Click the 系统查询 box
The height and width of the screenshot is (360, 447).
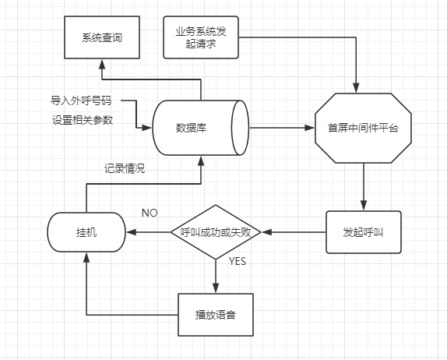pyautogui.click(x=102, y=37)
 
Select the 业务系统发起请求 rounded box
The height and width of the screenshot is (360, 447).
pyautogui.click(x=201, y=37)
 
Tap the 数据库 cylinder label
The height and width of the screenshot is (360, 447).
pyautogui.click(x=191, y=128)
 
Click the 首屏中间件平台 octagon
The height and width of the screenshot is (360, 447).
pyautogui.click(x=363, y=128)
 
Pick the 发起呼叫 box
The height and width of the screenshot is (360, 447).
pyautogui.click(x=364, y=232)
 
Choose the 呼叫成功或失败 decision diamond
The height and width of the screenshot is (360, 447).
pyautogui.click(x=216, y=232)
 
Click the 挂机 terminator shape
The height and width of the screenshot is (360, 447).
pyautogui.click(x=86, y=232)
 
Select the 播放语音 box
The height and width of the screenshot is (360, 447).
pyautogui.click(x=216, y=315)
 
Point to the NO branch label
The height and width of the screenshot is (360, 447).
pyautogui.click(x=150, y=213)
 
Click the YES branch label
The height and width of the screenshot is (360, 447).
pyautogui.click(x=238, y=261)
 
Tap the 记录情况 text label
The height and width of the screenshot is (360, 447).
pyautogui.click(x=125, y=168)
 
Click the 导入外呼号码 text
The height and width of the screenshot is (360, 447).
pyautogui.click(x=81, y=101)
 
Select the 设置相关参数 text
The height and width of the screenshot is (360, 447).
pyautogui.click(x=83, y=120)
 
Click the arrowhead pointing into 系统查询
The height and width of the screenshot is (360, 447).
pyautogui.click(x=102, y=64)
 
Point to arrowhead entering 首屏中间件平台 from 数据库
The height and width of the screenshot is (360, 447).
pyautogui.click(x=310, y=128)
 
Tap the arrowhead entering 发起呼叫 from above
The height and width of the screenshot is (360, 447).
pyautogui.click(x=364, y=206)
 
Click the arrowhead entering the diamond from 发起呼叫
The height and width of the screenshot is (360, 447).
pyautogui.click(x=266, y=232)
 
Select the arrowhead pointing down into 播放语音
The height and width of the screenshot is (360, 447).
pyautogui.click(x=216, y=288)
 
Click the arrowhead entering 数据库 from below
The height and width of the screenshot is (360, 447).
pyautogui.click(x=201, y=161)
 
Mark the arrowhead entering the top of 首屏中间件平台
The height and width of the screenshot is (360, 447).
pyautogui.click(x=356, y=88)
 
